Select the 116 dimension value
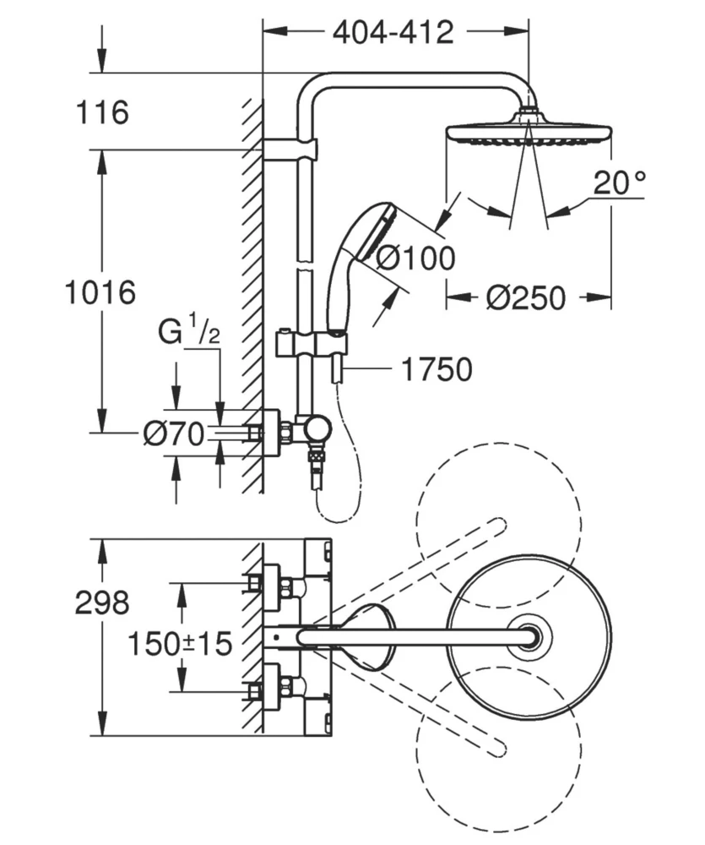[101, 113]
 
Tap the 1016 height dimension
[100, 293]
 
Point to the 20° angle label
[618, 183]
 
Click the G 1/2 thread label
[190, 332]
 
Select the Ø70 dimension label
[173, 434]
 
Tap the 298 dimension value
[102, 603]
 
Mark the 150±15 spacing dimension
[180, 645]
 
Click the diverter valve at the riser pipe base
[317, 430]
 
